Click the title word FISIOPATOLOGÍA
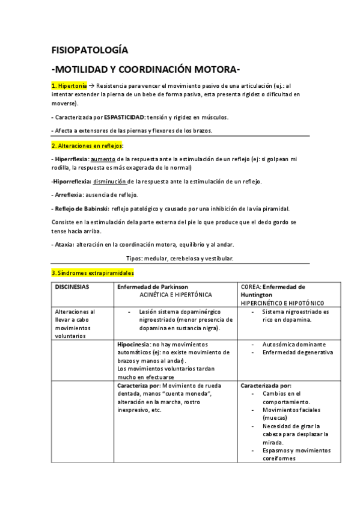tap(90, 50)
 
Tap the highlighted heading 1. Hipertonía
tap(69, 86)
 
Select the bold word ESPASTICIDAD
tap(125, 117)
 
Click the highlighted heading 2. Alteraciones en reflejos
tap(87, 146)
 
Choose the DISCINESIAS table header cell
tap(72, 287)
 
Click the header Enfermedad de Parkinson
tap(153, 287)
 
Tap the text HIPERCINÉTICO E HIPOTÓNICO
tap(282, 303)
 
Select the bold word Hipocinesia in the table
tap(135, 344)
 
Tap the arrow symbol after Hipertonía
tap(91, 86)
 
